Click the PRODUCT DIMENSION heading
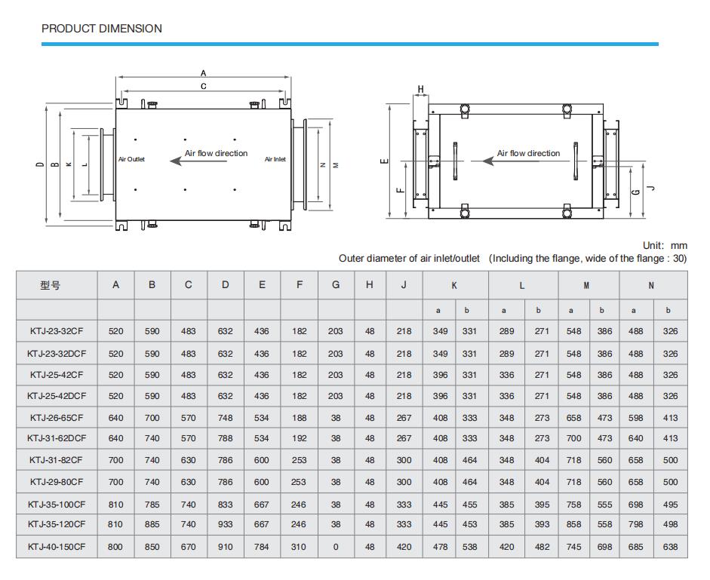pyautogui.click(x=102, y=29)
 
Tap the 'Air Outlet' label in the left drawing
pyautogui.click(x=131, y=159)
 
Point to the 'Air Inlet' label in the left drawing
pyautogui.click(x=275, y=159)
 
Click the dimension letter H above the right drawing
pyautogui.click(x=421, y=90)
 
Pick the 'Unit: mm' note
pyautogui.click(x=665, y=246)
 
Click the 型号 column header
pyautogui.click(x=51, y=285)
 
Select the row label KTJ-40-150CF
pyautogui.click(x=57, y=547)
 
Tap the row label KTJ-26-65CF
pyautogui.click(x=57, y=417)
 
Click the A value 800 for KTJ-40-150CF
pyautogui.click(x=115, y=547)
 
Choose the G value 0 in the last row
pyautogui.click(x=336, y=547)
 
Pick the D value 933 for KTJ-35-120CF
pyautogui.click(x=226, y=524)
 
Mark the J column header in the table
pyautogui.click(x=404, y=285)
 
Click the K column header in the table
pyautogui.click(x=454, y=286)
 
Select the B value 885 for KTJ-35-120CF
pyautogui.click(x=152, y=524)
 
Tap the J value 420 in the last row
pyautogui.click(x=404, y=547)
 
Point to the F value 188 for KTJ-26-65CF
pyautogui.click(x=300, y=417)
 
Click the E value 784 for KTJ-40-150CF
pyautogui.click(x=261, y=547)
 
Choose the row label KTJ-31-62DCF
pyautogui.click(x=57, y=438)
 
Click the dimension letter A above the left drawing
pyautogui.click(x=203, y=74)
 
